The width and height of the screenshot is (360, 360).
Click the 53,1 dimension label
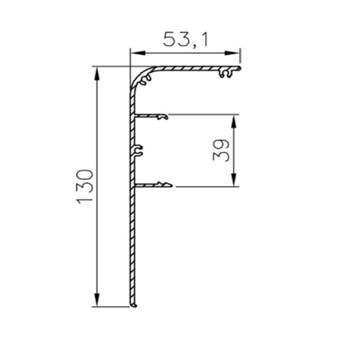185,40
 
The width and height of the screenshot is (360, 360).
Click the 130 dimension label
84,187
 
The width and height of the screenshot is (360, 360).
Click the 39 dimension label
221,151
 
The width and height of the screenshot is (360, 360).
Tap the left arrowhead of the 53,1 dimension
137,53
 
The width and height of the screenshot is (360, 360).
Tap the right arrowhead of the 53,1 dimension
232,53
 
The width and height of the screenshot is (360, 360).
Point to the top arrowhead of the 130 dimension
97,74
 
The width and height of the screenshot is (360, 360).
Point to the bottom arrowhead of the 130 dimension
97,300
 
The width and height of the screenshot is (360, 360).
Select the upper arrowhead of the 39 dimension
234,121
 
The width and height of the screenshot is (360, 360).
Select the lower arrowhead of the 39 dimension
234,179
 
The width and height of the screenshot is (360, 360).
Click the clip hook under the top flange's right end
226,73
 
